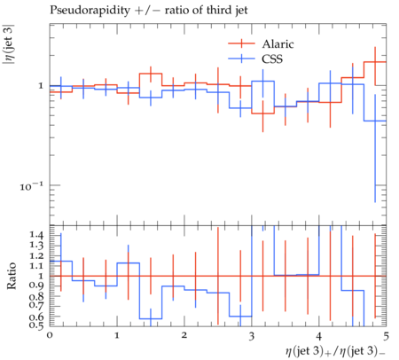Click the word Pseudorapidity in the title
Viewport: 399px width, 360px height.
click(x=90, y=11)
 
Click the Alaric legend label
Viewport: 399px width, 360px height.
click(x=278, y=44)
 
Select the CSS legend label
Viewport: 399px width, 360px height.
click(x=272, y=59)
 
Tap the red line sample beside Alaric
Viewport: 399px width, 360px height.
click(x=241, y=43)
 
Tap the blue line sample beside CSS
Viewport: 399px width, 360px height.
click(x=241, y=59)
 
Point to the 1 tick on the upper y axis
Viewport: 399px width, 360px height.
click(x=41, y=86)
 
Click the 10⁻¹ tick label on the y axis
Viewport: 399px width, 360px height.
click(x=31, y=186)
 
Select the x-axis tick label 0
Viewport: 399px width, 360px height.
click(x=50, y=335)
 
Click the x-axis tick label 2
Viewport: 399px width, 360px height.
click(x=184, y=335)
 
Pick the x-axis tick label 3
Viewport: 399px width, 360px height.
click(x=252, y=336)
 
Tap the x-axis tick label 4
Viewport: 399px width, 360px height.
click(x=319, y=335)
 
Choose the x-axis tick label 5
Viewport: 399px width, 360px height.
click(x=386, y=336)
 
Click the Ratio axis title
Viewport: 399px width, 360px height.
click(x=12, y=276)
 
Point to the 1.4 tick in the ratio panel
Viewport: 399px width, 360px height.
click(x=36, y=235)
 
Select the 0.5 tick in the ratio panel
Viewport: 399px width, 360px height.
click(x=36, y=325)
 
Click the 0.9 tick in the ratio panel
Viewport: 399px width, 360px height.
click(x=36, y=286)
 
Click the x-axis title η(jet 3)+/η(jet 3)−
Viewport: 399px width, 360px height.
click(x=335, y=351)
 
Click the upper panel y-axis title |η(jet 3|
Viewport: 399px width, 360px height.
click(x=8, y=48)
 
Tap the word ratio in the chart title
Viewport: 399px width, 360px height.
click(x=176, y=11)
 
